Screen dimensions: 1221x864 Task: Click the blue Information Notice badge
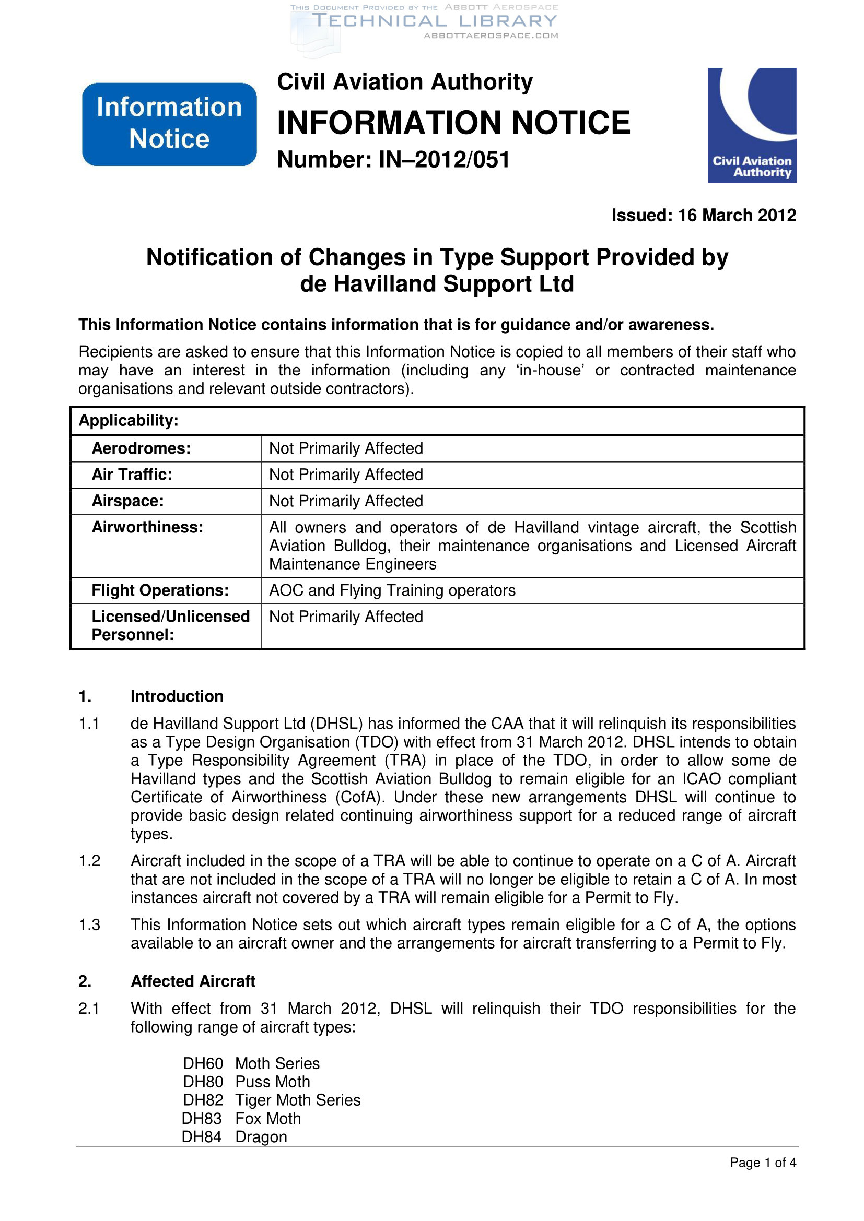[x=169, y=124]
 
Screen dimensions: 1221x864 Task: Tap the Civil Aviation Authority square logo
[x=751, y=125]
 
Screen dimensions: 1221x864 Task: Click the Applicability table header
[x=129, y=421]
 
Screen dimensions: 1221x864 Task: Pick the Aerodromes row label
[x=141, y=448]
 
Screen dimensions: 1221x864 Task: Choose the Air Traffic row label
[x=132, y=475]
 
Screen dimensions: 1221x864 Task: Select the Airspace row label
[x=127, y=501]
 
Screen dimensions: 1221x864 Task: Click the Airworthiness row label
[x=147, y=527]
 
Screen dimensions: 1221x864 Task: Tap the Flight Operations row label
[x=160, y=590]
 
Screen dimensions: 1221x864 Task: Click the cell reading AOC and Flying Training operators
[x=392, y=590]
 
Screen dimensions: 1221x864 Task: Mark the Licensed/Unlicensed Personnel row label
[x=170, y=625]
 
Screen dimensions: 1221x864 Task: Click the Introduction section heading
[x=177, y=696]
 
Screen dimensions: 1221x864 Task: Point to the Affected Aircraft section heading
[x=193, y=981]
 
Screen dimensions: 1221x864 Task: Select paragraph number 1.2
[x=89, y=861]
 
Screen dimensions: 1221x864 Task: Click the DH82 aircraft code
[x=203, y=1100]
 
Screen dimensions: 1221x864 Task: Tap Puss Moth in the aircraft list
[x=272, y=1082]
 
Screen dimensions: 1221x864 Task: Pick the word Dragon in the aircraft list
[x=261, y=1137]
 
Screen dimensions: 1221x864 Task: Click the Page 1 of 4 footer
[x=762, y=1163]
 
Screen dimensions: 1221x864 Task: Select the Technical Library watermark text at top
[x=434, y=21]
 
